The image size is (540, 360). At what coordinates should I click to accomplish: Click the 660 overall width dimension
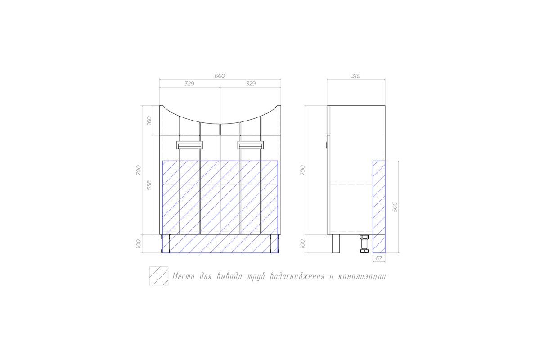[x=220, y=76]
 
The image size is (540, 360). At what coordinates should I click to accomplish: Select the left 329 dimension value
[x=189, y=84]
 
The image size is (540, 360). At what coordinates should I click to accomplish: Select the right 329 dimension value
[x=251, y=84]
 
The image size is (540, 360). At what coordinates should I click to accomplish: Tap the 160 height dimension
[x=149, y=120]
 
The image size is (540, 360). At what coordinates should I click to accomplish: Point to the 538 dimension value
[x=149, y=185]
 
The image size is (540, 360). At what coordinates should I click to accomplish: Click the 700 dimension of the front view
[x=139, y=170]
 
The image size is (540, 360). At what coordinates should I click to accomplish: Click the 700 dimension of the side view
[x=302, y=170]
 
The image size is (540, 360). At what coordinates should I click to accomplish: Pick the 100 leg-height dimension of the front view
[x=139, y=243]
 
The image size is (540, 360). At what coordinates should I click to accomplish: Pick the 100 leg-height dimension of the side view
[x=302, y=243]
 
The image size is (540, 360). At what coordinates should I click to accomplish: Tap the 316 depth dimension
[x=355, y=76]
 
